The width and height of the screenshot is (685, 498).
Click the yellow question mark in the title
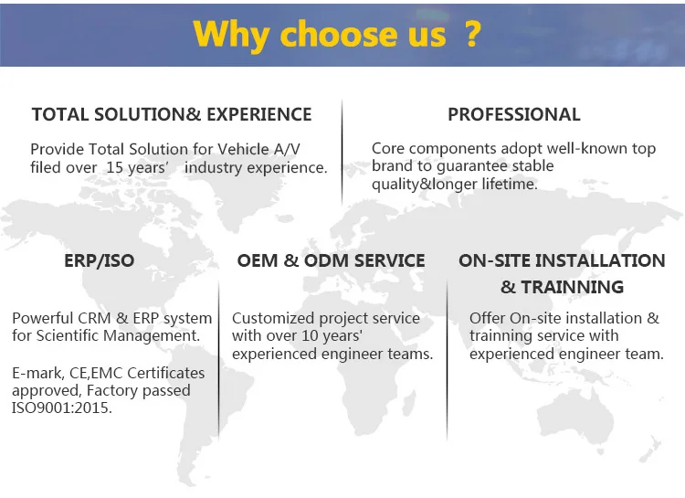472,34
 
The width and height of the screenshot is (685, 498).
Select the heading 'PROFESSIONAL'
514,114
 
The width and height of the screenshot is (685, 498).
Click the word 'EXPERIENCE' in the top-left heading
259,114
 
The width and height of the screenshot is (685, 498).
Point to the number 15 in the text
114,167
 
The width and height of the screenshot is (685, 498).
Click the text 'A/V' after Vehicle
287,149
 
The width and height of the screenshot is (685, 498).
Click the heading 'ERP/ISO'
100,260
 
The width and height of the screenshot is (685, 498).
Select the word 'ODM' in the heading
326,260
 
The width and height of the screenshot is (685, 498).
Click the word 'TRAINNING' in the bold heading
573,287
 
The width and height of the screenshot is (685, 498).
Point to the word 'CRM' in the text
88,318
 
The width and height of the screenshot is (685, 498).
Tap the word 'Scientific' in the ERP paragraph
68,335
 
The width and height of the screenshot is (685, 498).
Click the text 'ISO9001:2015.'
62,408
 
